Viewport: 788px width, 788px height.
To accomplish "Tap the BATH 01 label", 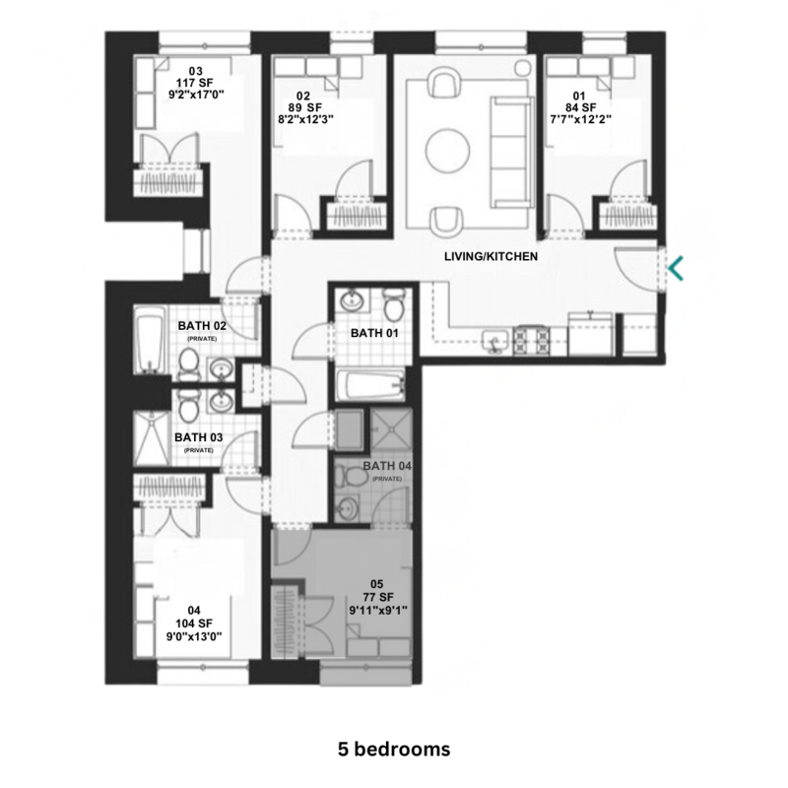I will (374, 333).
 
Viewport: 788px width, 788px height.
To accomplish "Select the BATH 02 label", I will (203, 324).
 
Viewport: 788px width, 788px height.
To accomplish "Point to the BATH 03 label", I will (200, 436).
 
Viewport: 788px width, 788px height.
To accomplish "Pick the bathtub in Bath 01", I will (369, 384).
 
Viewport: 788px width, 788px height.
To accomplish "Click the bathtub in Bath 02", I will (150, 341).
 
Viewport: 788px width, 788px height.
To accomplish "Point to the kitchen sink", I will (495, 342).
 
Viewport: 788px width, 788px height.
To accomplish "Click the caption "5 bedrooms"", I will (393, 748).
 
